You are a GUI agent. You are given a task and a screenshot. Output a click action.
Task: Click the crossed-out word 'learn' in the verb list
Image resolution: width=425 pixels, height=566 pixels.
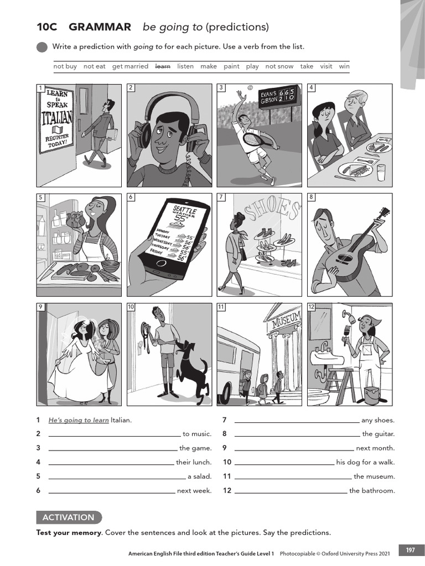(163, 66)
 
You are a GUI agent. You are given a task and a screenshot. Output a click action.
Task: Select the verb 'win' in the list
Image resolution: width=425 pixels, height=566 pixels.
(344, 66)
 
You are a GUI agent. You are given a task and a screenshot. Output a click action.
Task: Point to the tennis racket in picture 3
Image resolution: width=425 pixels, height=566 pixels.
(254, 139)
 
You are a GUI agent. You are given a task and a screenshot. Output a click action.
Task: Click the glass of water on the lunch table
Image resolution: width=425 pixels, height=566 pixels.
(382, 172)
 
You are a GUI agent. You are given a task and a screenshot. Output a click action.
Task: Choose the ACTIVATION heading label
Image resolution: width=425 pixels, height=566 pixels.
(69, 517)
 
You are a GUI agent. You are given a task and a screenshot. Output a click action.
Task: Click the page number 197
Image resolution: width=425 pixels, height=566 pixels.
(410, 550)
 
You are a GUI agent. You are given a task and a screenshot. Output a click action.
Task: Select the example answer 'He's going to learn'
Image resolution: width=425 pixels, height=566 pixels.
(79, 420)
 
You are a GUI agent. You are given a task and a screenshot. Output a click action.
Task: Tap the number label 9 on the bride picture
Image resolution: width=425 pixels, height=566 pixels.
(40, 307)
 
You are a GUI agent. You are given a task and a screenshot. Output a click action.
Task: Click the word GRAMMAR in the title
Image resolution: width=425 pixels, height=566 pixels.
(100, 27)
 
